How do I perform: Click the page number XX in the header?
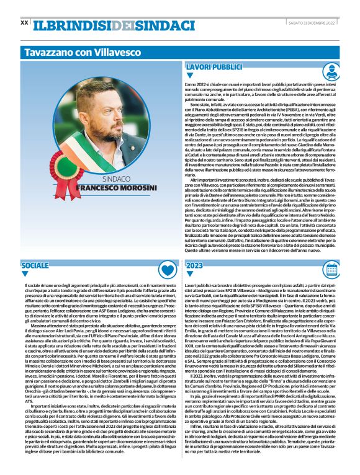24,23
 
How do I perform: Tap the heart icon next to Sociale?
166,269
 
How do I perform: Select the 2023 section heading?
194,265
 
